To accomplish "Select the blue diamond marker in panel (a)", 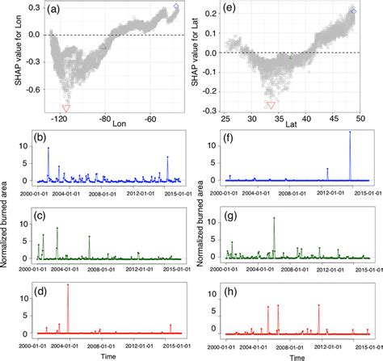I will pyautogui.click(x=177, y=7).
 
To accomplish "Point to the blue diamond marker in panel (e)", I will pyautogui.click(x=352, y=10).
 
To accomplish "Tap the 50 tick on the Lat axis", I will pyautogui.click(x=361, y=119).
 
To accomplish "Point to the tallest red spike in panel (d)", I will pyautogui.click(x=68, y=285).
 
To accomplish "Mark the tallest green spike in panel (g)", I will pyautogui.click(x=275, y=219).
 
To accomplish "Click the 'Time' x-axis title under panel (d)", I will pyautogui.click(x=105, y=355).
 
